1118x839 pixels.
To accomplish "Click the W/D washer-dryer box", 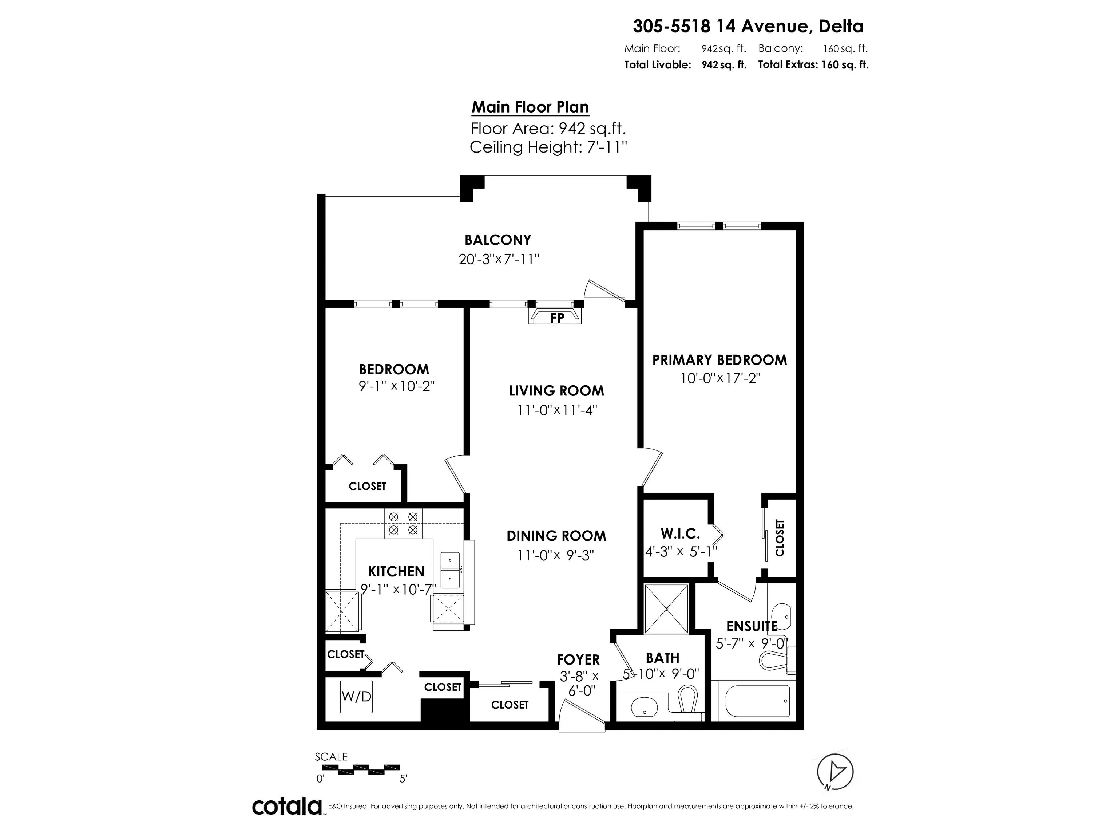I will click(356, 696).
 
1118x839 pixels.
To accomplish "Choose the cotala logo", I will click(287, 806).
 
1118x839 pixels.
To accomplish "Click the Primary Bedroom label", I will click(719, 360).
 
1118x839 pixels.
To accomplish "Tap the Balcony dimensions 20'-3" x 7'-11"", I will click(498, 259).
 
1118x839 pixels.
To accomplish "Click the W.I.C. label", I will click(680, 533).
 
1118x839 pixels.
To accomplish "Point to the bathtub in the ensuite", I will click(757, 700).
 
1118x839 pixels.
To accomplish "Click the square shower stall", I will click(666, 608).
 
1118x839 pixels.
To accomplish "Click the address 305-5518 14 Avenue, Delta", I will click(748, 26).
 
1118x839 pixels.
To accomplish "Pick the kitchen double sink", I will click(450, 570).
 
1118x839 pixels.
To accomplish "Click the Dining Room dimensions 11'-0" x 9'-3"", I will click(555, 555).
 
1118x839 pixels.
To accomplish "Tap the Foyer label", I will click(578, 659).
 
